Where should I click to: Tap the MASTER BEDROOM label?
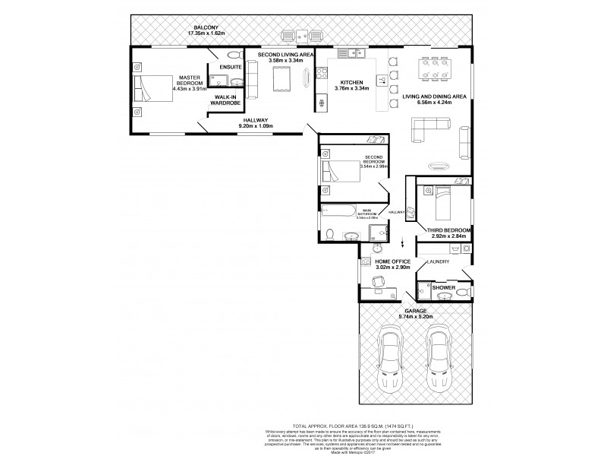tap(189, 80)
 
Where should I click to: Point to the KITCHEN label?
tap(351, 82)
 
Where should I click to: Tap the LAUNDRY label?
tap(439, 262)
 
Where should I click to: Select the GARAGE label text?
tap(414, 311)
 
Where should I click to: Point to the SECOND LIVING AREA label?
tap(285, 55)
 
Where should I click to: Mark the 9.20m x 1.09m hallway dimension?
tap(256, 127)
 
